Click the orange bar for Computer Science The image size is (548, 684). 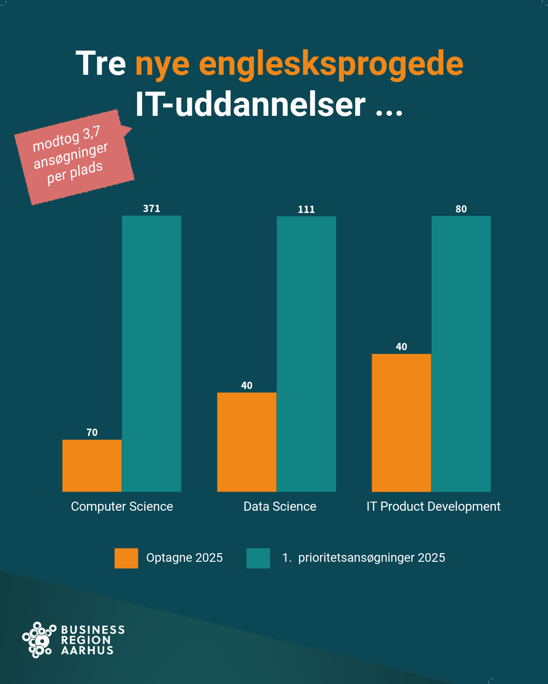(92, 466)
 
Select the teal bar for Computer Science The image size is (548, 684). (152, 353)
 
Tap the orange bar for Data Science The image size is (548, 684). (247, 442)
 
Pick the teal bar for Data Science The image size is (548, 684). (306, 354)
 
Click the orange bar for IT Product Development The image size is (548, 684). (401, 423)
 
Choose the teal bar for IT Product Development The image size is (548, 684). (461, 354)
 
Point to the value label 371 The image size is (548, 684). (152, 209)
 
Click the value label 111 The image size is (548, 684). (306, 209)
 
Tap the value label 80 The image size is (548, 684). (461, 209)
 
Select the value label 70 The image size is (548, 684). (92, 432)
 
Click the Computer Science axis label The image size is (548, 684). (122, 507)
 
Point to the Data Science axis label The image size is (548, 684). (280, 507)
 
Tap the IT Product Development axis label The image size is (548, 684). (433, 507)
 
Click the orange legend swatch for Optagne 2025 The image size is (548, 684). (126, 558)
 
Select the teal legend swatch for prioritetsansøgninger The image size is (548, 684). (258, 558)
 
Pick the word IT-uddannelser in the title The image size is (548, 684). (250, 104)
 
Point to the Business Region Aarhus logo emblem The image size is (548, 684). (38, 640)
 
